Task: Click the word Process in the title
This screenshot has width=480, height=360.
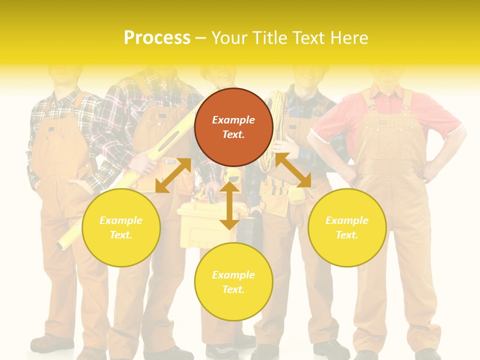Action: point(157,38)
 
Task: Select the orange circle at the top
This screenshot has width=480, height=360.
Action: point(233,127)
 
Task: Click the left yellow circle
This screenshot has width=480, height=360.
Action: point(121,227)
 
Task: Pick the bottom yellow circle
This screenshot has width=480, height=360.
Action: point(233,282)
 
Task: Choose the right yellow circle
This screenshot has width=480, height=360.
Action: point(347,227)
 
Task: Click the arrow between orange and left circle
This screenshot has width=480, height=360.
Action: point(173,175)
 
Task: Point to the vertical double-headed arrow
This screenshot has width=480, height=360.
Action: point(229,206)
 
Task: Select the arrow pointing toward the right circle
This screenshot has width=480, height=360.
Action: point(293,170)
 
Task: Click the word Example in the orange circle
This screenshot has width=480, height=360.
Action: point(233,120)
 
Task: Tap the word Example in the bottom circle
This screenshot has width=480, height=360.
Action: point(233,275)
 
